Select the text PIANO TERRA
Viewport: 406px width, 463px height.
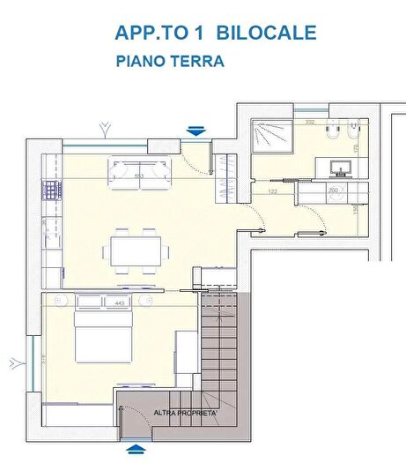(x=170, y=62)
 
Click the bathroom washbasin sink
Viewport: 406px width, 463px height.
(x=340, y=165)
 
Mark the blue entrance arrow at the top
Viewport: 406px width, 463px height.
(x=196, y=131)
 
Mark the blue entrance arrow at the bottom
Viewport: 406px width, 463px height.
(x=135, y=450)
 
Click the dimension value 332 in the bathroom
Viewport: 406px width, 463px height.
(x=310, y=122)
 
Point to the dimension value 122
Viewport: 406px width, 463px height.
(x=273, y=190)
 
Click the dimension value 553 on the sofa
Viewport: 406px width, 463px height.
(x=139, y=175)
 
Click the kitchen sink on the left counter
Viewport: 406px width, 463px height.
(x=50, y=220)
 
